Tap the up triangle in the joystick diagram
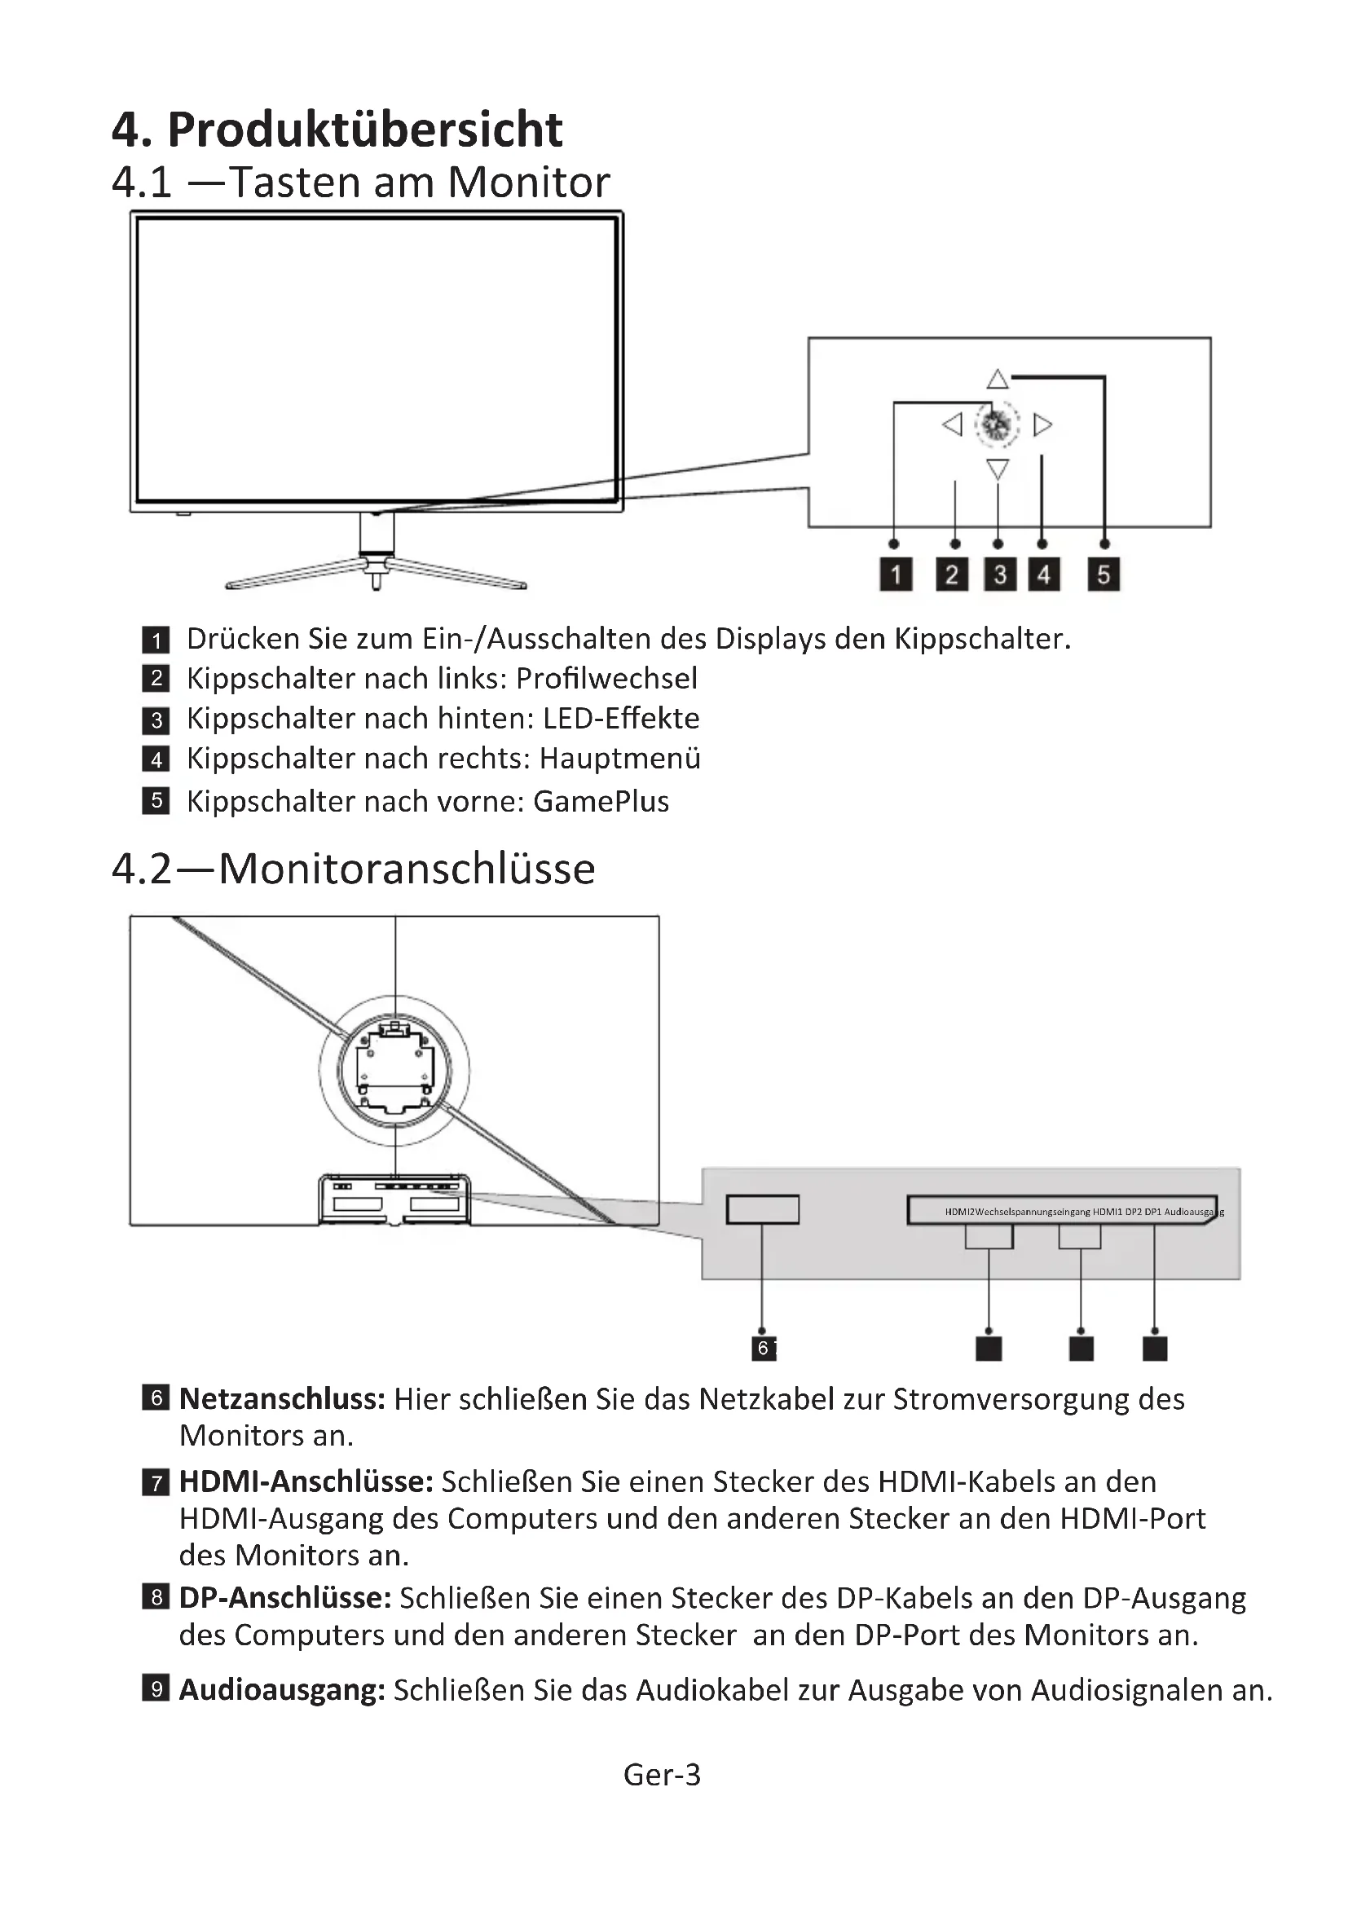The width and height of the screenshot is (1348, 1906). (x=998, y=381)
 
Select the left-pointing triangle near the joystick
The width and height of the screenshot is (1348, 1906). (x=953, y=425)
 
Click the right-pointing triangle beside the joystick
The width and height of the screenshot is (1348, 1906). (x=1042, y=425)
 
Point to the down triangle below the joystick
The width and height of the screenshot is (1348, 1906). (x=998, y=469)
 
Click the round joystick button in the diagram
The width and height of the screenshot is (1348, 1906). (x=997, y=425)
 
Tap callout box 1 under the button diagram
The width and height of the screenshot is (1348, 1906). (x=896, y=574)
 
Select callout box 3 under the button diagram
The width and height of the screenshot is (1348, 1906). (x=1000, y=574)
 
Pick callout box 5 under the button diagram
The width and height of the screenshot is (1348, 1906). (x=1104, y=574)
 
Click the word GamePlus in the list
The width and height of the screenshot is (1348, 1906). (x=601, y=802)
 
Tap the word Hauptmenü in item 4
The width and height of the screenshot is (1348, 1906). (x=620, y=759)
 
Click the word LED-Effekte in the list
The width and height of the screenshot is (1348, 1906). (x=621, y=719)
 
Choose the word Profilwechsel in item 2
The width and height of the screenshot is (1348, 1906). (x=606, y=679)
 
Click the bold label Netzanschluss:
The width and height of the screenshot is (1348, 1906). (x=282, y=1399)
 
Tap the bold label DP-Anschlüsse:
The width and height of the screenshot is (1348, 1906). (x=284, y=1598)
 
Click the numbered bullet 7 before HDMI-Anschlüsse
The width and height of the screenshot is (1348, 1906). (x=156, y=1481)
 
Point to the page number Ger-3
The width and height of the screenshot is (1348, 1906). (x=663, y=1775)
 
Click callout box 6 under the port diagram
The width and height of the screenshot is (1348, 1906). (x=763, y=1348)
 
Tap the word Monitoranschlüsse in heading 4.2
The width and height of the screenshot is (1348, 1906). (x=407, y=869)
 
